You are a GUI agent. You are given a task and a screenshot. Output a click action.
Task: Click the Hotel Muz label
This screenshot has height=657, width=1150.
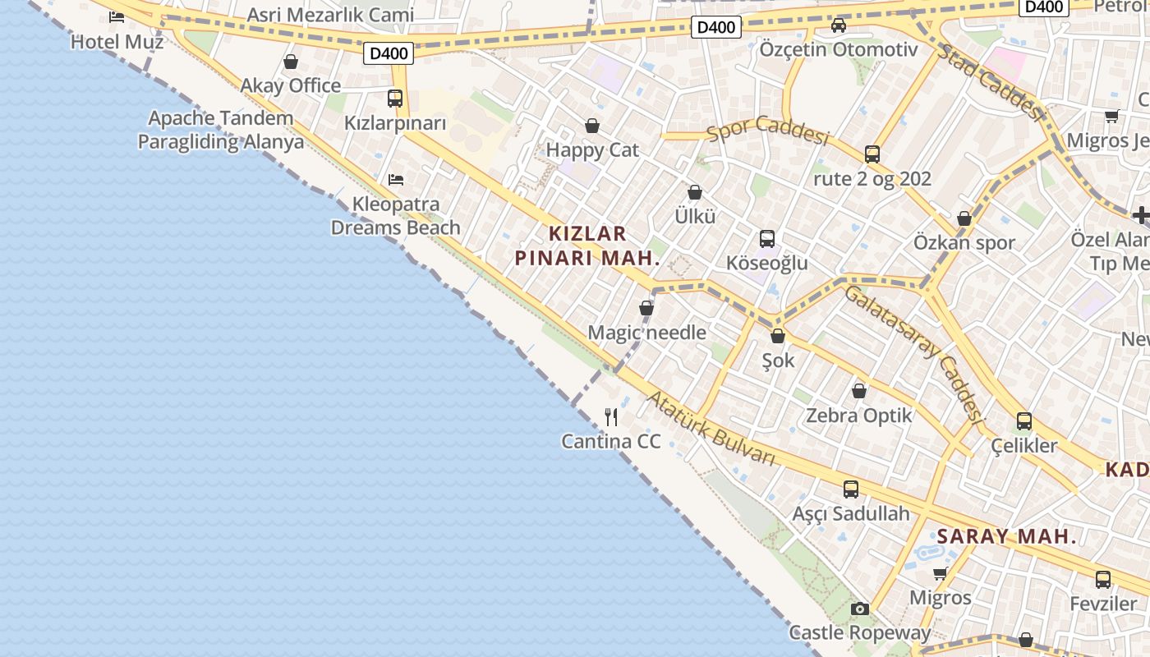pyautogui.click(x=117, y=41)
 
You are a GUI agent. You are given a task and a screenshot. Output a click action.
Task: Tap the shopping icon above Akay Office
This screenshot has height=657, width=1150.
pyautogui.click(x=291, y=62)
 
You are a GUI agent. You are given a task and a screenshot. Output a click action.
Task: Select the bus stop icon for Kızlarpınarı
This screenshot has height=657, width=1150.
pyautogui.click(x=395, y=99)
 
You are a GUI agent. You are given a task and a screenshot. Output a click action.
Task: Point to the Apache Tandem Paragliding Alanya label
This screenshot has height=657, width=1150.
pyautogui.click(x=220, y=130)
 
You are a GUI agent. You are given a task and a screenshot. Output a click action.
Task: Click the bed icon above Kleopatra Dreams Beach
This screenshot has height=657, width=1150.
pyautogui.click(x=395, y=179)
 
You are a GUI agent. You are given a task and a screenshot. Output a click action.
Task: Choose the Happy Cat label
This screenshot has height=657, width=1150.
pyautogui.click(x=591, y=150)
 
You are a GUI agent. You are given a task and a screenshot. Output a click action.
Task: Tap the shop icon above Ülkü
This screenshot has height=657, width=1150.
pyautogui.click(x=695, y=192)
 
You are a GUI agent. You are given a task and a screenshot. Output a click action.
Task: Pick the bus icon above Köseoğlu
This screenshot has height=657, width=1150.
pyautogui.click(x=767, y=239)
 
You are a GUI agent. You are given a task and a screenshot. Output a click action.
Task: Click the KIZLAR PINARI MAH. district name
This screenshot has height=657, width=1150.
pyautogui.click(x=587, y=246)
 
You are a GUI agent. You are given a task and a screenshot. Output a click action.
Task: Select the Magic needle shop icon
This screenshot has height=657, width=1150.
pyautogui.click(x=646, y=308)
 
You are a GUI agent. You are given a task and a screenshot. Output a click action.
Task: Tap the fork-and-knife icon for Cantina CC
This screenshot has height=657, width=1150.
pyautogui.click(x=611, y=417)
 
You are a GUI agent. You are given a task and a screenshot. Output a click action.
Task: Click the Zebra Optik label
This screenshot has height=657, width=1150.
pyautogui.click(x=859, y=416)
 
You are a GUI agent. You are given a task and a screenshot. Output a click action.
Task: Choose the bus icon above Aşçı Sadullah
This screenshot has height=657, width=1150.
pyautogui.click(x=851, y=489)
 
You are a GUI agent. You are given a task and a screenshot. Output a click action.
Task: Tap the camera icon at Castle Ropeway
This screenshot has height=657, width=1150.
pyautogui.click(x=860, y=609)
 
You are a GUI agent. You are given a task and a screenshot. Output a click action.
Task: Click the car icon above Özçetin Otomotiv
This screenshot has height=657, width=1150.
pyautogui.click(x=839, y=25)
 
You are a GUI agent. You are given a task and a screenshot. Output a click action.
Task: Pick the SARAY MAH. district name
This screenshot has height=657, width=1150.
pyautogui.click(x=1006, y=537)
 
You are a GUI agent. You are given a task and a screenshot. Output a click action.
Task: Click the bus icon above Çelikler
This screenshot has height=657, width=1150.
pyautogui.click(x=1024, y=421)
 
